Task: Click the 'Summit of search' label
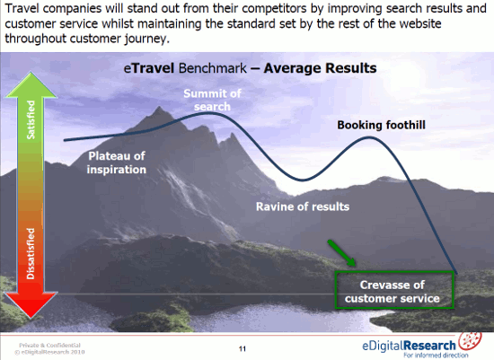coord(212,100)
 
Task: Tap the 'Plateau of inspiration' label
coord(117,162)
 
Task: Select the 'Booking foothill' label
coord(381,125)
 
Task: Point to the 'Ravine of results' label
coord(303,206)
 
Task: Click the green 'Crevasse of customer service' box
coord(394,271)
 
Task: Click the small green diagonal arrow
coord(341,252)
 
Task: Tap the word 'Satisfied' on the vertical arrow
coord(31,119)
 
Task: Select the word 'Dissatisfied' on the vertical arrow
coord(31,253)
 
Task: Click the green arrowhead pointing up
coord(31,85)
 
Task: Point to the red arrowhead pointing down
coord(31,304)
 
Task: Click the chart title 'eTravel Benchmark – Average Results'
coord(250,68)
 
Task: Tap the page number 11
coord(243,348)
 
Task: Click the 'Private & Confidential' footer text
coord(49,346)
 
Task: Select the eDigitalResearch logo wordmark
coord(409,346)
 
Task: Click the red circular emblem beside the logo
coord(470,340)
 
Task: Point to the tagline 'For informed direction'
coord(436,356)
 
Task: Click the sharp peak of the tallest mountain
coord(159,108)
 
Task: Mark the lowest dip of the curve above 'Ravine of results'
coord(303,180)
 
